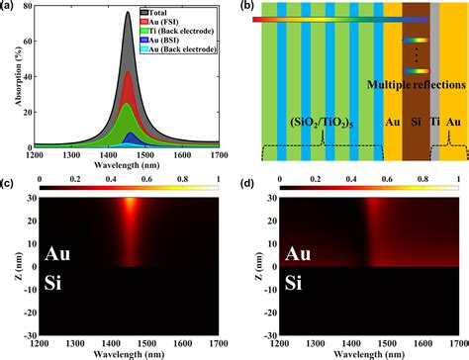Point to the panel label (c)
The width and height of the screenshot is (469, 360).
7,181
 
